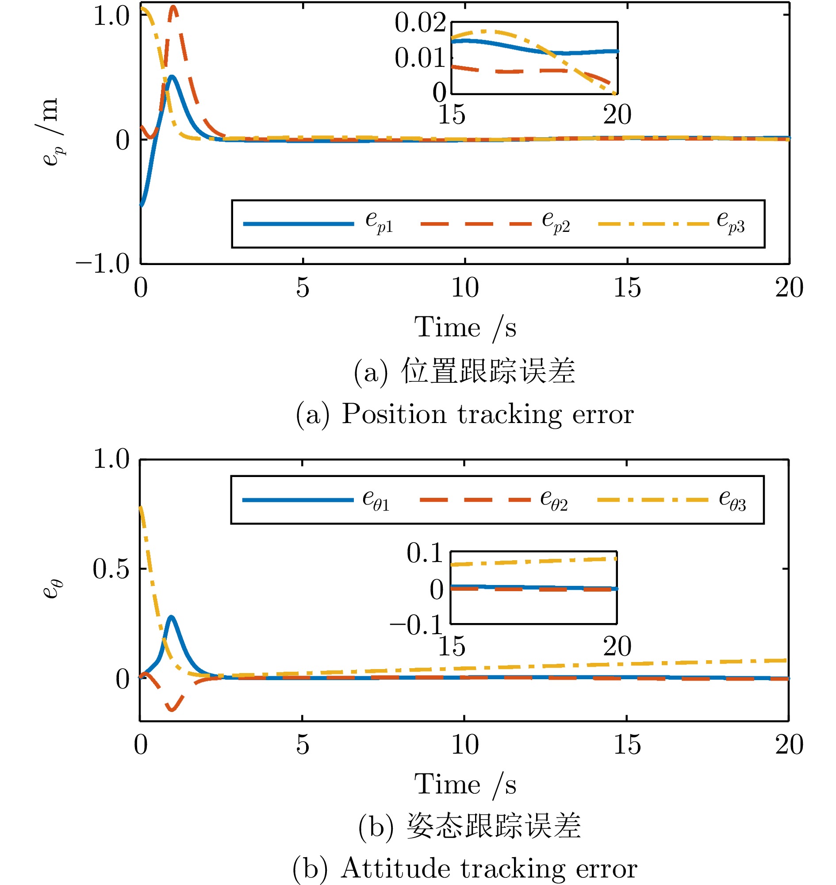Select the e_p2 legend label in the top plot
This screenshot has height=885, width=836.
[556, 222]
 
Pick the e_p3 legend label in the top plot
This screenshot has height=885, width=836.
[730, 222]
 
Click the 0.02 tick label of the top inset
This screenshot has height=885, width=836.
[420, 23]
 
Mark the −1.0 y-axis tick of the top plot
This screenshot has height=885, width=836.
[103, 263]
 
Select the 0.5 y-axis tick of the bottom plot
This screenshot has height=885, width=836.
[111, 569]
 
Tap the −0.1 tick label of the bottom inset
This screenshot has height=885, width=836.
[416, 625]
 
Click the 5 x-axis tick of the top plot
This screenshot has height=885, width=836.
[303, 288]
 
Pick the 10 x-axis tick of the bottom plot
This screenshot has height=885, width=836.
[465, 745]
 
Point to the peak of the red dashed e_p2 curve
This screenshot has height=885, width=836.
[173, 8]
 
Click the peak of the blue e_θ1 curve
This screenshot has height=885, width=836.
[171, 617]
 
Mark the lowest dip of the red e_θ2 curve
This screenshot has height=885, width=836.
[172, 709]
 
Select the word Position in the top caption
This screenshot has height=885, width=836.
[394, 414]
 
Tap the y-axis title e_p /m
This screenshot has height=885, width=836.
[50, 131]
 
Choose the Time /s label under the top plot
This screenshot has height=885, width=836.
[465, 328]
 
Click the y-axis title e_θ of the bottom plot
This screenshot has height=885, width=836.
[53, 589]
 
